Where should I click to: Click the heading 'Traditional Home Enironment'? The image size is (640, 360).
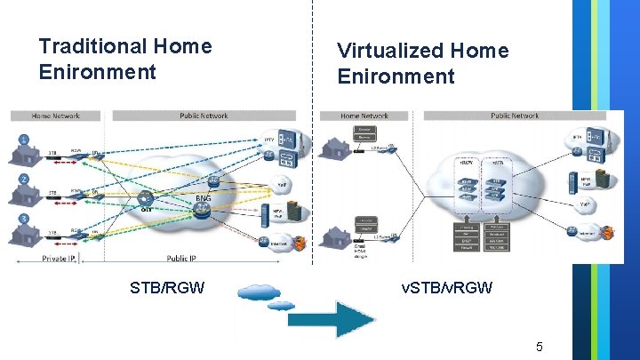coord(125,58)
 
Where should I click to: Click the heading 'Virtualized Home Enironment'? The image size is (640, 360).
coord(423,63)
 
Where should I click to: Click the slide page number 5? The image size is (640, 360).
coord(539,345)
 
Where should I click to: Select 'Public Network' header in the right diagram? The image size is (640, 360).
coord(515,116)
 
